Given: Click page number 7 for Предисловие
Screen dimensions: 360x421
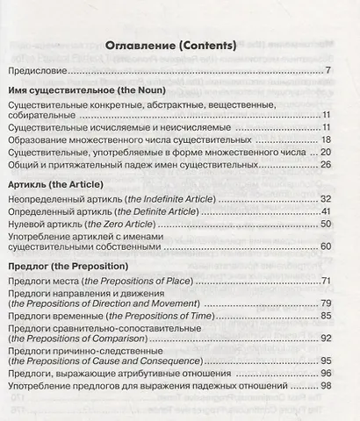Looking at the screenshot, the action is point(350,69).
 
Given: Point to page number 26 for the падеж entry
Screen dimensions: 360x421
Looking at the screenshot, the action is point(349,164).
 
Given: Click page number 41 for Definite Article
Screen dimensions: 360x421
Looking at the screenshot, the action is point(349,211).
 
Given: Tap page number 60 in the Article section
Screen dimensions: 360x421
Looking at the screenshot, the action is point(349,246).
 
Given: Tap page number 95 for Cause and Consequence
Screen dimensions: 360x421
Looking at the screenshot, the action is point(349,360).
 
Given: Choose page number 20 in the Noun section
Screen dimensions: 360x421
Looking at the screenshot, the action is point(349,152).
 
